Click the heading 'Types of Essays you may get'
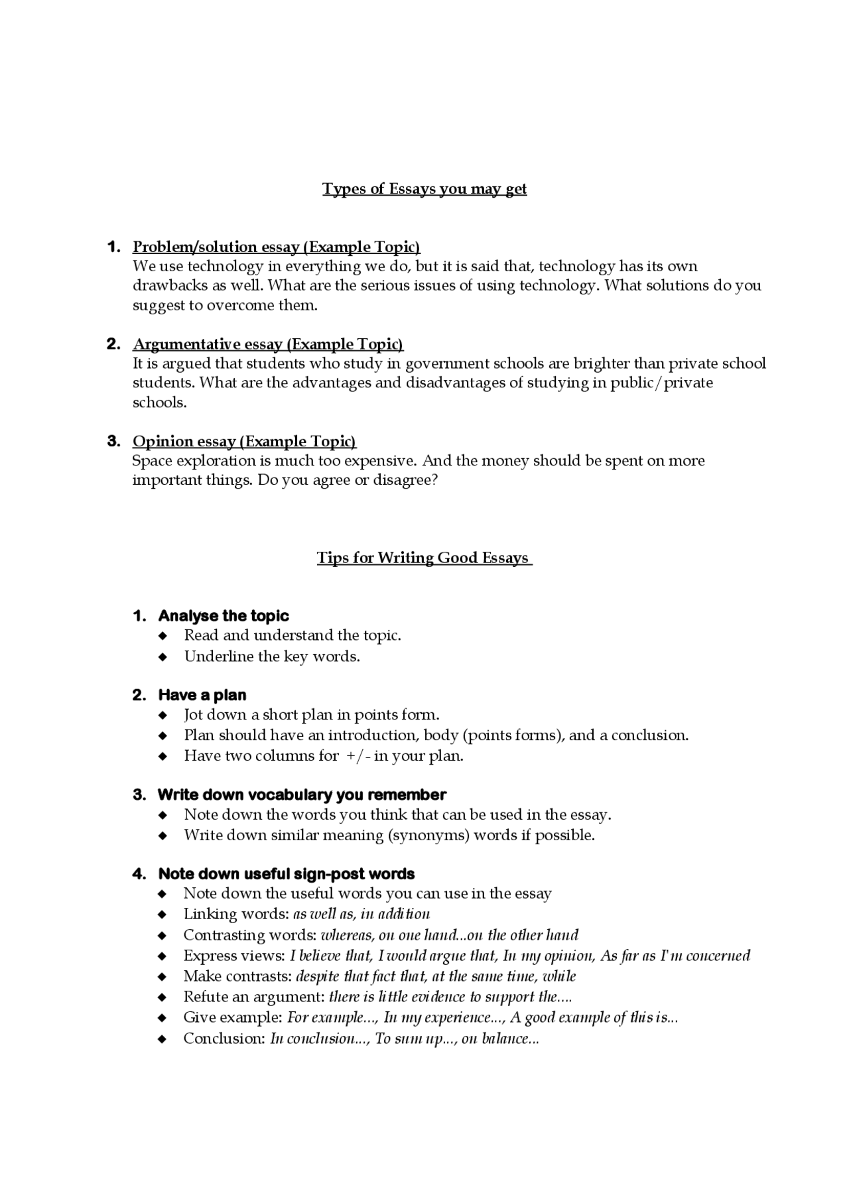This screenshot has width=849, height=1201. pos(424,189)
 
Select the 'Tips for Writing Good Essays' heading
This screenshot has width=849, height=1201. pos(424,558)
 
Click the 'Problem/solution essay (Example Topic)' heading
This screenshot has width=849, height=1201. pos(277,247)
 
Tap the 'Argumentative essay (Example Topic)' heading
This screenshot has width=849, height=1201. pos(268,344)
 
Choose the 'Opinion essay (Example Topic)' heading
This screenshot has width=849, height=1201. pos(244,442)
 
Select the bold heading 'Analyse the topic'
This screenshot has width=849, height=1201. pos(224,616)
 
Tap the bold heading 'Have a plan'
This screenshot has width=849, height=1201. pos(202,696)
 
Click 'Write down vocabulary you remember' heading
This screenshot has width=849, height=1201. pos(302,795)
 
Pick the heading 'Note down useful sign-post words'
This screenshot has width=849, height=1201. pos(287,874)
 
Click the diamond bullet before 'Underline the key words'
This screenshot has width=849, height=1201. pos(163,657)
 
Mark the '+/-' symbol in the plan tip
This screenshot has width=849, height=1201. pos(358,756)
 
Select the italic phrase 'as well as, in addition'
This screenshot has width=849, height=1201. pos(361,915)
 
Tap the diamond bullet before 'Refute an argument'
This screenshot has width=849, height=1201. pos(163,997)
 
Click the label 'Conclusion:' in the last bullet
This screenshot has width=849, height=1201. pos(224,1039)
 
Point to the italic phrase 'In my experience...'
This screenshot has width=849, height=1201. pos(445,1018)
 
